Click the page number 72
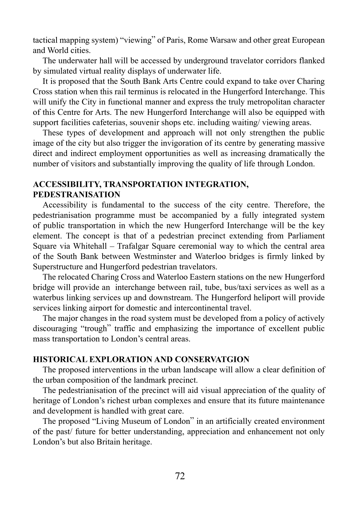point(180,476)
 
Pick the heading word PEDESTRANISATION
point(76,195)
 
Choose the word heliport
point(264,298)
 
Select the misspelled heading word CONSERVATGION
point(212,360)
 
